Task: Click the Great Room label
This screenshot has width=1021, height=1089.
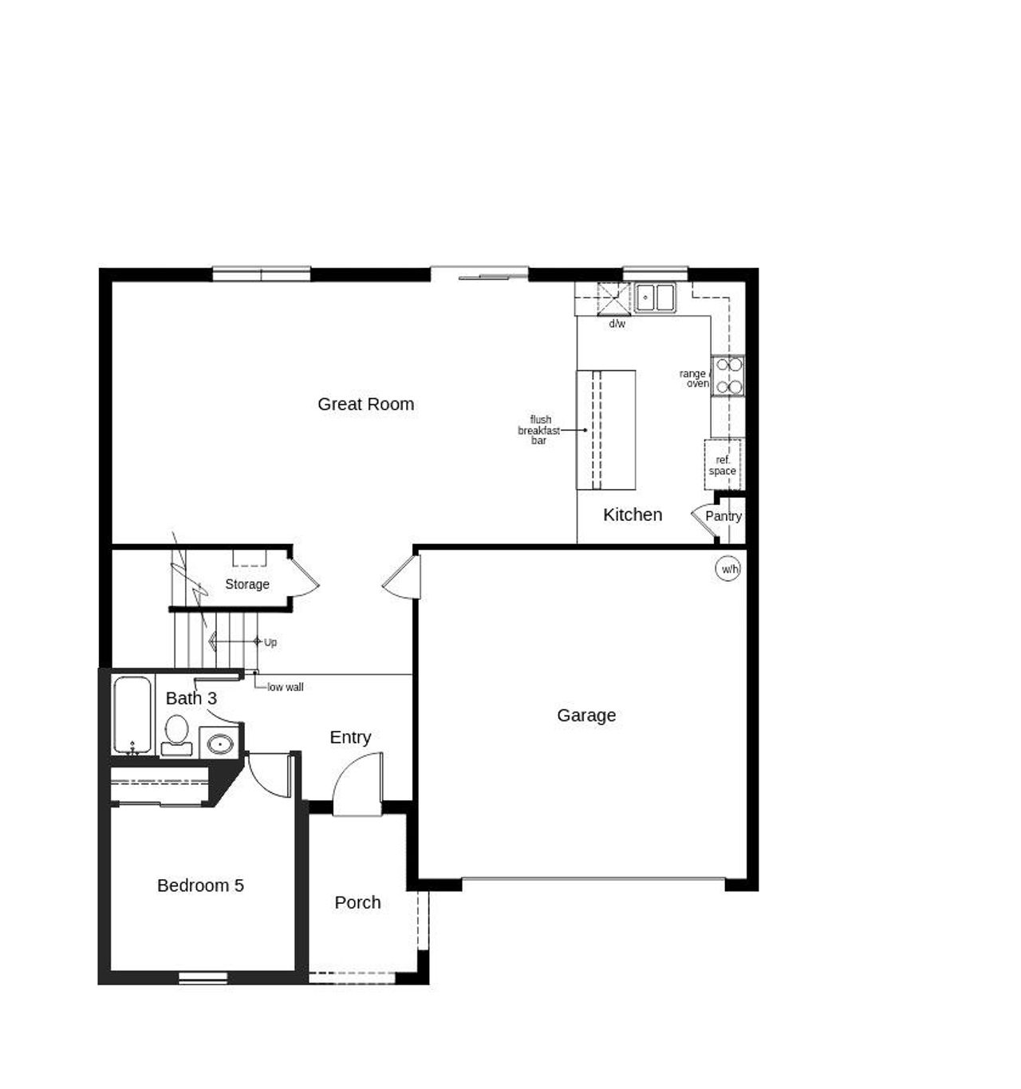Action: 365,404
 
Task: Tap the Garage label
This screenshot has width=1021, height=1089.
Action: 586,716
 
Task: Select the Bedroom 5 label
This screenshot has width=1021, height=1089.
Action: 200,886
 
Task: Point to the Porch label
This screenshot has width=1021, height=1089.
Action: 357,902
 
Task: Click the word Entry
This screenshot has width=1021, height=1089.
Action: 350,737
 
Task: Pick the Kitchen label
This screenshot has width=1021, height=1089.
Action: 633,515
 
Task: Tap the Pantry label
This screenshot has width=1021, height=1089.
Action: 723,516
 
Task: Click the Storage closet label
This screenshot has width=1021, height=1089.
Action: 247,584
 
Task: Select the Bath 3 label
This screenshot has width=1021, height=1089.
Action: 191,698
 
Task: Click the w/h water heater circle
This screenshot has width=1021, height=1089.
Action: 728,569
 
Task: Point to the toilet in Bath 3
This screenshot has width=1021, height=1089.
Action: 176,732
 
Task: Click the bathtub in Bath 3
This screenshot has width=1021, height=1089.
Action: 132,714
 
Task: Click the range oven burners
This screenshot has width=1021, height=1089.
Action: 728,376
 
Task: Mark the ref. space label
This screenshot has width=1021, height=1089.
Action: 723,466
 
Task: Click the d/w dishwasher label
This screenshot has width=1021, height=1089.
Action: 617,324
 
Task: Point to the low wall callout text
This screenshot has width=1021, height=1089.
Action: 285,687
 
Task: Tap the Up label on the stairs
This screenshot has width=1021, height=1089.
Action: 270,642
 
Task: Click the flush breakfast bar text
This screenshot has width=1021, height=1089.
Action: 539,430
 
